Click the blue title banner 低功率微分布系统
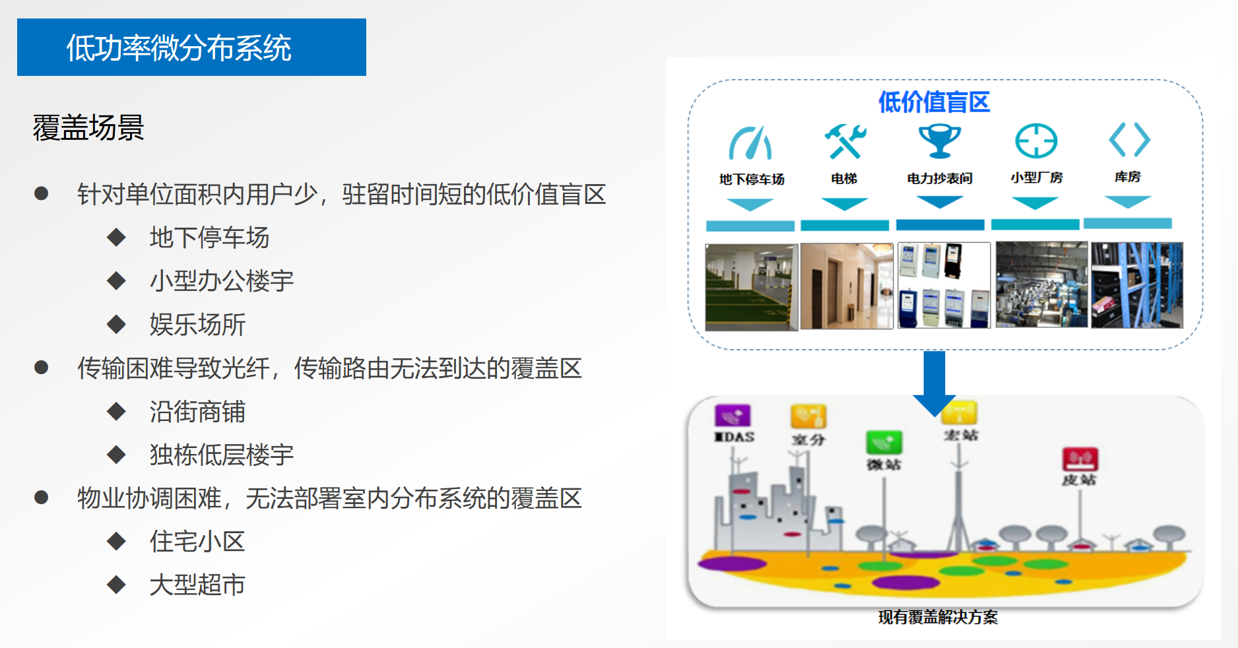click(191, 47)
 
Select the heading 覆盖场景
click(88, 127)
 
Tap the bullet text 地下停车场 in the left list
click(209, 237)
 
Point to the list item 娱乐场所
click(197, 324)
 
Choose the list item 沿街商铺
click(197, 411)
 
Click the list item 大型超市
click(197, 585)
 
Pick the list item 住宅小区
click(197, 541)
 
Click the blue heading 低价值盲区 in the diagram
click(934, 102)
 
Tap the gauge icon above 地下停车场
click(750, 143)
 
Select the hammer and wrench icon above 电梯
click(845, 141)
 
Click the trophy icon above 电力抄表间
click(940, 141)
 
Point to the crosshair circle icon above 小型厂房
click(1035, 141)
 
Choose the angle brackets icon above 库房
click(1129, 139)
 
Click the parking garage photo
click(752, 287)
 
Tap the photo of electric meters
click(944, 285)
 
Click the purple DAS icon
click(733, 416)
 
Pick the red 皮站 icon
click(1080, 459)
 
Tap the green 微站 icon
click(884, 442)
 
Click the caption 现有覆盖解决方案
click(938, 617)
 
